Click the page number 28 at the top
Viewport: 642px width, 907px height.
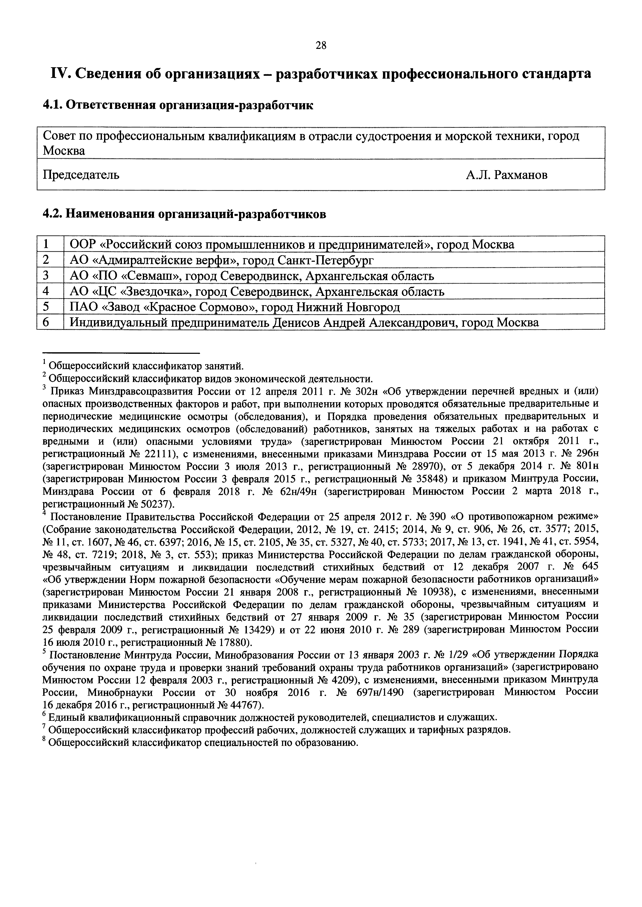coord(321,46)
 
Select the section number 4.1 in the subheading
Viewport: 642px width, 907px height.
coord(51,106)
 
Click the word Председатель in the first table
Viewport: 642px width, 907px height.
coord(81,175)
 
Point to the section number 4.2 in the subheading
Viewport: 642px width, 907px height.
coord(51,214)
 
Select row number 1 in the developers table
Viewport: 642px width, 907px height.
coord(46,244)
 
